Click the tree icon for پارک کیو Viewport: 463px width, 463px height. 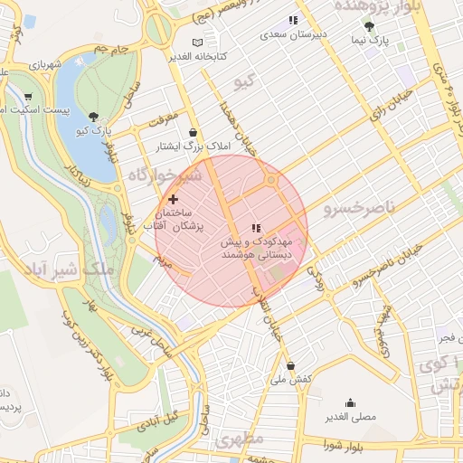(x=94, y=116)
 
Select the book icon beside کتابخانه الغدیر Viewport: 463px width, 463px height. (x=198, y=43)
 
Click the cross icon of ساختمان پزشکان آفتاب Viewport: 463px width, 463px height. (x=173, y=198)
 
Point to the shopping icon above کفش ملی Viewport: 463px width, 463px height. (x=290, y=365)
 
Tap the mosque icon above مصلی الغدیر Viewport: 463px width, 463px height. (x=351, y=403)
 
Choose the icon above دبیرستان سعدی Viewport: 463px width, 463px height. (x=293, y=20)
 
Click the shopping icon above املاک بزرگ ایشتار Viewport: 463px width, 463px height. (x=193, y=132)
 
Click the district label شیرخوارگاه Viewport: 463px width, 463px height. (x=162, y=174)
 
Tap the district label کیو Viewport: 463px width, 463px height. (x=245, y=82)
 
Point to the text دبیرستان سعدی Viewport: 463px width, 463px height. (x=293, y=34)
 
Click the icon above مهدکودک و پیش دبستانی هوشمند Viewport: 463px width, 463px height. (x=256, y=228)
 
